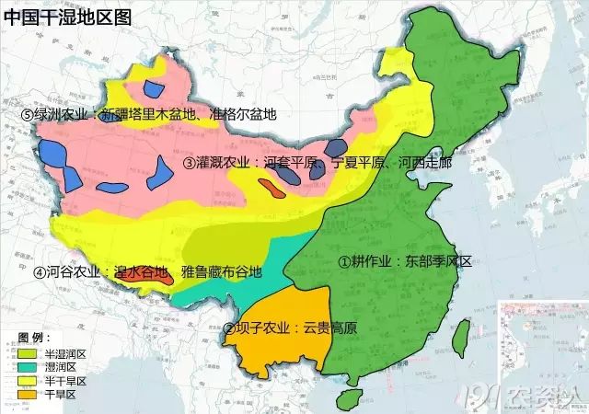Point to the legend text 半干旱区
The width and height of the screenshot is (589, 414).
[x=68, y=380]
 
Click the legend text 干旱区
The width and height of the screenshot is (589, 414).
[x=64, y=394]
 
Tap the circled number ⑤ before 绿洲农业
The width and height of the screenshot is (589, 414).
[x=28, y=115]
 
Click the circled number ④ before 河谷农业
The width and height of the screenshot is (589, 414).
[x=40, y=272]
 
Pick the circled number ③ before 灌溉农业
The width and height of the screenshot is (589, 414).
[x=190, y=163]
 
